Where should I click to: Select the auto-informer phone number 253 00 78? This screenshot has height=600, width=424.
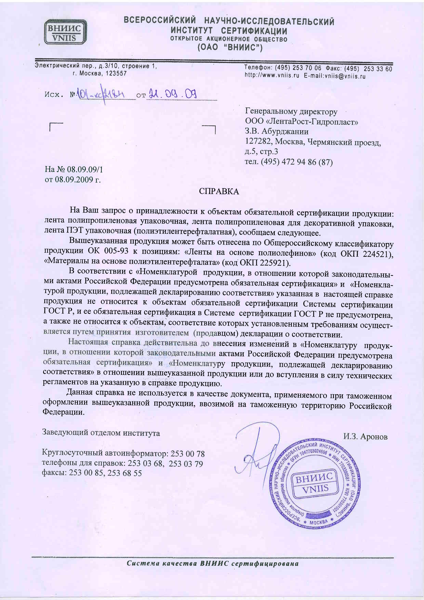click(187, 453)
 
